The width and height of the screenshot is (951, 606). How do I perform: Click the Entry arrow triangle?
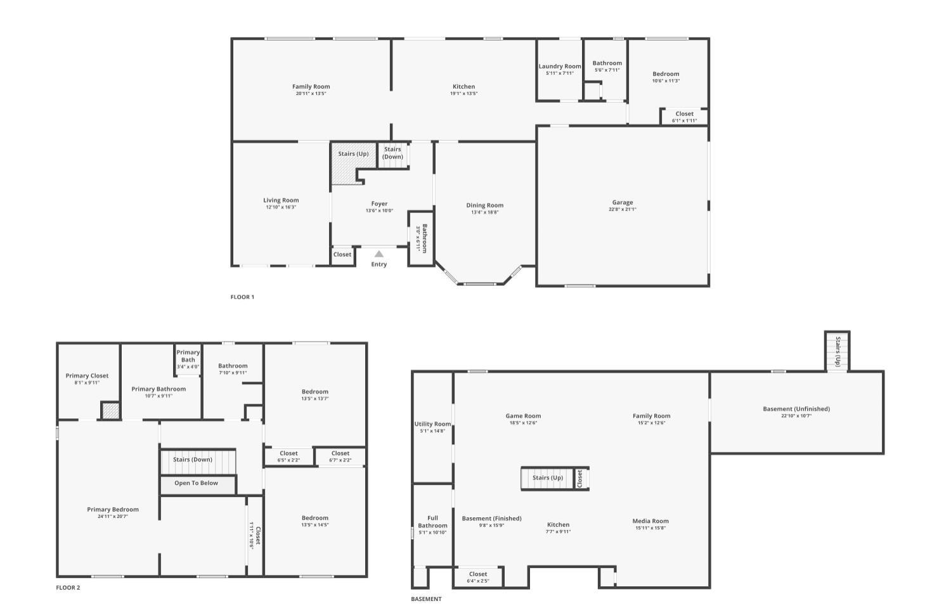[379, 254]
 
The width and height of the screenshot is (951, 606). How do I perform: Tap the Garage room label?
[623, 202]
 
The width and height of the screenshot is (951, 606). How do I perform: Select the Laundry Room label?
[560, 66]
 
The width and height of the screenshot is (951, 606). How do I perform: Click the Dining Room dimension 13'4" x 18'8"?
[485, 212]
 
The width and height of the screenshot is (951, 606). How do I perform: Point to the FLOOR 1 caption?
[242, 297]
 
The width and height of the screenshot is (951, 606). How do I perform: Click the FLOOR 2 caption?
[68, 588]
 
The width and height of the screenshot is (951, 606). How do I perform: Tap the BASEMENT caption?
[426, 599]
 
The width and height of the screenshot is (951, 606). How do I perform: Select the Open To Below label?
[196, 483]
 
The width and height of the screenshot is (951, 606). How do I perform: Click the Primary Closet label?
[87, 375]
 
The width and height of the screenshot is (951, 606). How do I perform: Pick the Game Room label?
[523, 416]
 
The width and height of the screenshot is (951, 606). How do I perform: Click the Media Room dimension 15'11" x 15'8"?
[650, 528]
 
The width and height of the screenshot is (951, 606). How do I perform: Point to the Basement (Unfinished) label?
[796, 409]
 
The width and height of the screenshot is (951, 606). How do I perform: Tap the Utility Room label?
[432, 424]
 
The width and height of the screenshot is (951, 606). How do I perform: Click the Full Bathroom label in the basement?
[432, 522]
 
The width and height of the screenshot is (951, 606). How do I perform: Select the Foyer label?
[379, 203]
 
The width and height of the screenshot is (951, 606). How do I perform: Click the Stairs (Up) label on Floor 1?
[353, 153]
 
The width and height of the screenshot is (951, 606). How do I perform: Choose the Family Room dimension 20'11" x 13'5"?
[311, 93]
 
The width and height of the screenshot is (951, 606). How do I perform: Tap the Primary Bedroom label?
[113, 510]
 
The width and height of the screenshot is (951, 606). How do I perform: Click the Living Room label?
[281, 200]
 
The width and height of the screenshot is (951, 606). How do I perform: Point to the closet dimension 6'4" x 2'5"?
[478, 581]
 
